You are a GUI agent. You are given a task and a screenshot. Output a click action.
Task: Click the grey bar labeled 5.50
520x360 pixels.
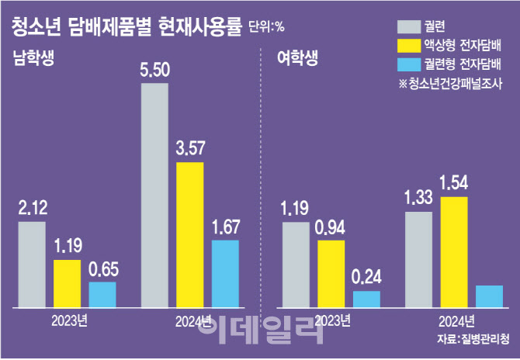tap(154, 196)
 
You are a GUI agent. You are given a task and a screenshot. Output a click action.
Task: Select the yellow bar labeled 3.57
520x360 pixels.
tap(189, 235)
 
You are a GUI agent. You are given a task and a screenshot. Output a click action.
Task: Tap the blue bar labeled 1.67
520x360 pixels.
tap(225, 274)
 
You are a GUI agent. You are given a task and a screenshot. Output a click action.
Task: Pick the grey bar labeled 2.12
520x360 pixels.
tap(32, 265)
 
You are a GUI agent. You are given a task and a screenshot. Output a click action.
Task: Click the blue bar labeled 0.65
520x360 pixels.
tap(102, 295)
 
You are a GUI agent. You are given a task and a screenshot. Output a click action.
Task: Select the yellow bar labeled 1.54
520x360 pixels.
tap(454, 252)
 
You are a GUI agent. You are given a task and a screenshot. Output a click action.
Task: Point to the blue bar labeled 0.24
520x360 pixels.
tap(366, 299)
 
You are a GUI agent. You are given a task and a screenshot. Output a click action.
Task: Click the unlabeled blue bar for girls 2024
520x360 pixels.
tap(489, 296)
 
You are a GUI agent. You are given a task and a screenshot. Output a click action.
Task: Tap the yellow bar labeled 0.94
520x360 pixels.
tap(331, 274)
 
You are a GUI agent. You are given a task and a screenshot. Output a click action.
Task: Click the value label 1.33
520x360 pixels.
tap(418, 198)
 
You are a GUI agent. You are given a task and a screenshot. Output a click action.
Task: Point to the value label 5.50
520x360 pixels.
tap(155, 70)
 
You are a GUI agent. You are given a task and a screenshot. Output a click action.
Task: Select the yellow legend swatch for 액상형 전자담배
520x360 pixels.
tap(409, 46)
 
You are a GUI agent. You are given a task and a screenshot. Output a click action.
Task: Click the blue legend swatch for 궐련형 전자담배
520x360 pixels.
tap(409, 64)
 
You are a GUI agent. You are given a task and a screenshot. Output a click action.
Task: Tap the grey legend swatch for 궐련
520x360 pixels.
tap(409, 26)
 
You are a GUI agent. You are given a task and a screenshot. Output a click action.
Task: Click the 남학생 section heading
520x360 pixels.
tap(33, 58)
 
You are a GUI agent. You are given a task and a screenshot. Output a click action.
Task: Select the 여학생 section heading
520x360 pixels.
tap(297, 58)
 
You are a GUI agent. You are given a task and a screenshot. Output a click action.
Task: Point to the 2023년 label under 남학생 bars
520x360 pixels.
tap(69, 321)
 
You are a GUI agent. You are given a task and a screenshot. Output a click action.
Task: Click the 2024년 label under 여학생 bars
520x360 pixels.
tap(456, 321)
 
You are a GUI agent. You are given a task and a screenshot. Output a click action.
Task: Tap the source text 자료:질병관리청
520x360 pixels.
tap(473, 340)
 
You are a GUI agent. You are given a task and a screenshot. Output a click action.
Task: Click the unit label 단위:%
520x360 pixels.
tap(266, 27)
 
